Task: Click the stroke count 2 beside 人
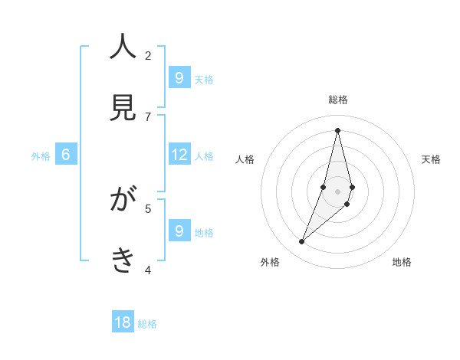click(x=148, y=55)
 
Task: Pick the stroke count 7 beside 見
click(x=148, y=116)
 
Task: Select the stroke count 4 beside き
click(x=148, y=270)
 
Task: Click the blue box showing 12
click(x=179, y=155)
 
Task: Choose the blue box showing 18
click(x=123, y=322)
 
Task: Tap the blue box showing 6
click(x=66, y=155)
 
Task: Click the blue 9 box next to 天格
click(x=179, y=78)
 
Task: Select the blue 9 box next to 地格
click(x=179, y=231)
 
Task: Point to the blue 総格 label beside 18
click(x=147, y=324)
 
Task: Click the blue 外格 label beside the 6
click(x=41, y=156)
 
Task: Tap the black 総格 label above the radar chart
click(x=337, y=100)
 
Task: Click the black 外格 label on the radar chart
click(x=270, y=262)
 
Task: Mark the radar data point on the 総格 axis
click(x=337, y=130)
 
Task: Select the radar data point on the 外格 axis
click(x=301, y=242)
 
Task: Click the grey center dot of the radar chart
click(x=337, y=191)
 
